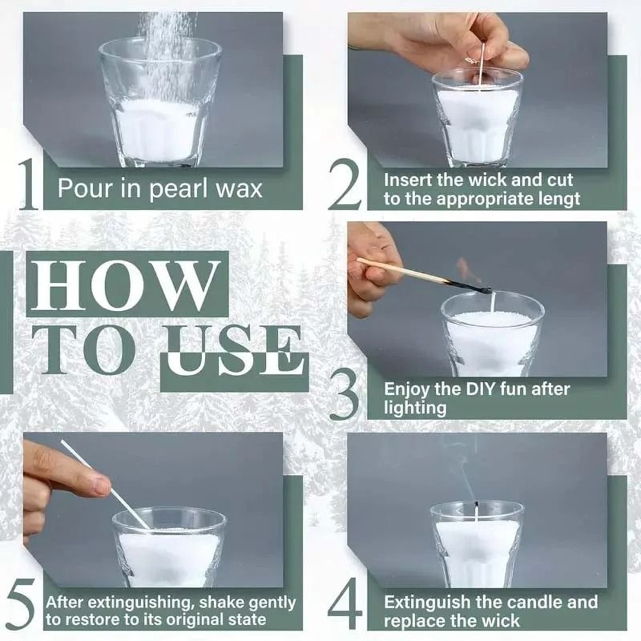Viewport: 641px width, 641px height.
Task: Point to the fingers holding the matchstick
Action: pyautogui.click(x=372, y=263)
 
